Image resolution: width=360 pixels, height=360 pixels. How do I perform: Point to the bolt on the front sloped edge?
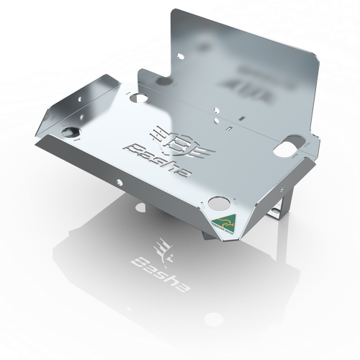pyautogui.click(x=119, y=176)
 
